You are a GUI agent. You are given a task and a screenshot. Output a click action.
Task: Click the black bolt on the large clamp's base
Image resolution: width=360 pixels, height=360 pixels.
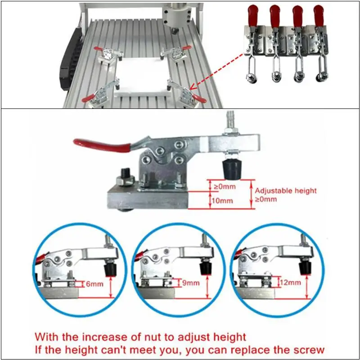[126, 175]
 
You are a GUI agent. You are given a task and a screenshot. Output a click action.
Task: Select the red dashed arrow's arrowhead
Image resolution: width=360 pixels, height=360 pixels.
[192, 87]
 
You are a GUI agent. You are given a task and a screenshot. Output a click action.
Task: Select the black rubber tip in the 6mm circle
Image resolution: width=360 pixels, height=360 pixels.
[109, 269]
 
